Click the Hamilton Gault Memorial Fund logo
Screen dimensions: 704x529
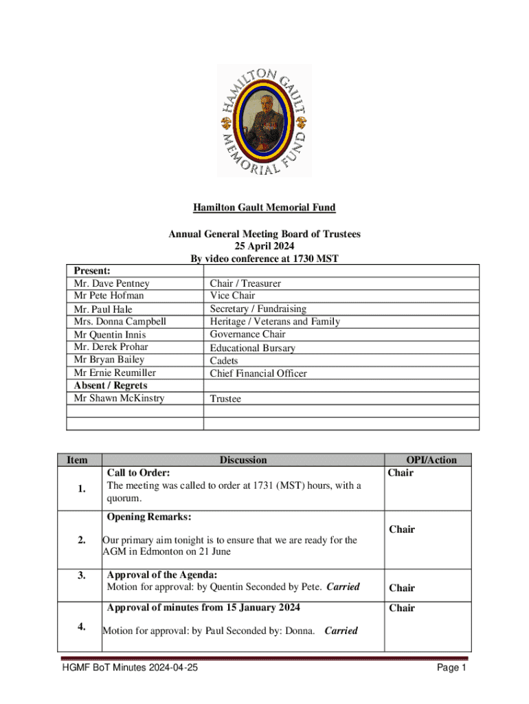[264, 121]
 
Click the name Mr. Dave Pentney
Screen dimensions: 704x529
[111, 283]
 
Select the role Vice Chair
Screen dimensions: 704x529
[232, 296]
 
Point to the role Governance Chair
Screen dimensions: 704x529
[247, 334]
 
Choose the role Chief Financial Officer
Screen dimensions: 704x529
[258, 373]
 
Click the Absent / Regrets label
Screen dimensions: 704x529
[110, 385]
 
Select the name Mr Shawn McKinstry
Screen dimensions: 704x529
[119, 398]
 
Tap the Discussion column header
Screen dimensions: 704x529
[243, 460]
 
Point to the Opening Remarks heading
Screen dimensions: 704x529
[149, 516]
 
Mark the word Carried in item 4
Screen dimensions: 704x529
[341, 630]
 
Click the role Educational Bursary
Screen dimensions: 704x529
[252, 348]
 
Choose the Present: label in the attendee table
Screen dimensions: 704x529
[92, 271]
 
